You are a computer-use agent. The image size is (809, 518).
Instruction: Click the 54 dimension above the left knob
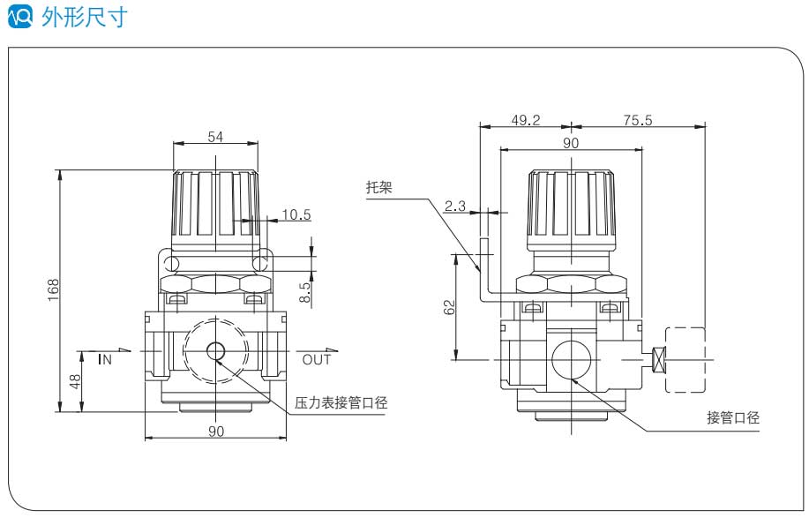point(216,137)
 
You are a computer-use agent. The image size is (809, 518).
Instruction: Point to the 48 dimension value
point(76,382)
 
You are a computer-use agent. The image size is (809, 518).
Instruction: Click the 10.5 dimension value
point(296,213)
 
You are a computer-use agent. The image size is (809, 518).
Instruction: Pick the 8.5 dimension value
point(305,292)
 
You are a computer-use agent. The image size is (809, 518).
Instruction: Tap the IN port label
point(105,359)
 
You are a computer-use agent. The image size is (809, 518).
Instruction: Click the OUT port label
point(317,359)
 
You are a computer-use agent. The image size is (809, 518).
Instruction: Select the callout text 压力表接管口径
point(341,402)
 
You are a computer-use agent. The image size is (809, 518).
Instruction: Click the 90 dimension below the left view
point(216,431)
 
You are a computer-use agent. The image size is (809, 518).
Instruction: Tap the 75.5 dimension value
point(637,120)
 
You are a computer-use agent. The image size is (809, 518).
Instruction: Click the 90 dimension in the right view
point(570,142)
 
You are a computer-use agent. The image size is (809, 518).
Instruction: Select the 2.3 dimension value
point(455,206)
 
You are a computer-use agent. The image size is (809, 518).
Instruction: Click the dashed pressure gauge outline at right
point(686,359)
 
